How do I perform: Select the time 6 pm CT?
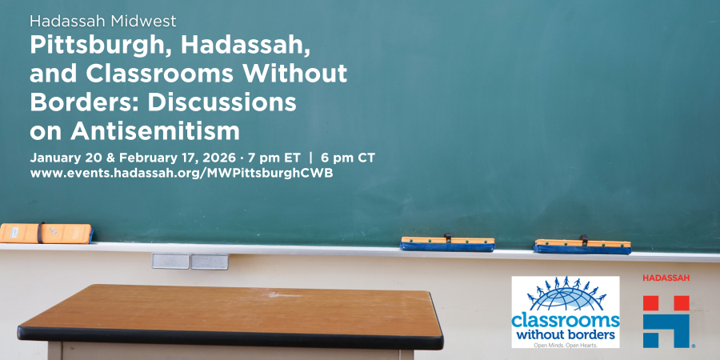348,156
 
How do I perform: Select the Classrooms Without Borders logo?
566,312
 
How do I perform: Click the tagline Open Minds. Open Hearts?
566,343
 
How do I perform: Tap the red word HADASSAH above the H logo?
666,278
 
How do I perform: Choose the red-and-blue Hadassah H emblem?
666,321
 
